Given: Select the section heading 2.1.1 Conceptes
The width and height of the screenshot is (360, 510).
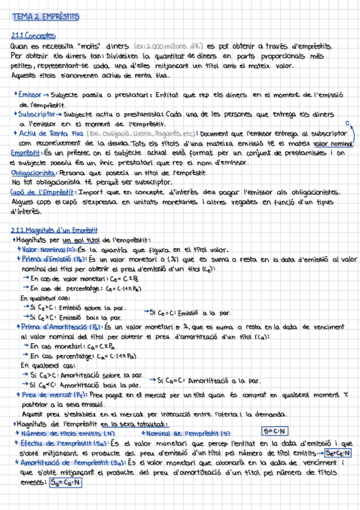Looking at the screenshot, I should (33, 35).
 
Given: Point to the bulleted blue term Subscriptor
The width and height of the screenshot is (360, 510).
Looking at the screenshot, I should (38, 113).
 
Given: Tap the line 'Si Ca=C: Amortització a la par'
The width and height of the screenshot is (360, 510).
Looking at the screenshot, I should (204, 380).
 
